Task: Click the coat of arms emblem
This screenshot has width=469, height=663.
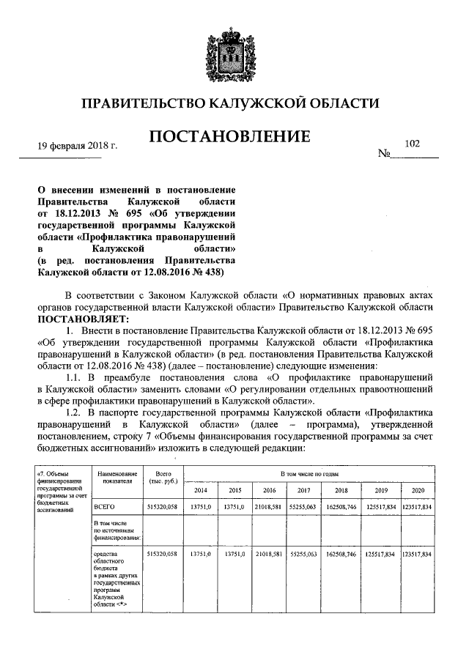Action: tap(234, 48)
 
